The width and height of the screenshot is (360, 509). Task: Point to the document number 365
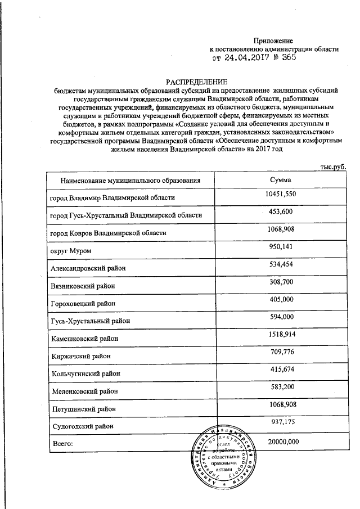pos(286,57)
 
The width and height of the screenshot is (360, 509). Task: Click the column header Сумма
pos(280,179)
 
